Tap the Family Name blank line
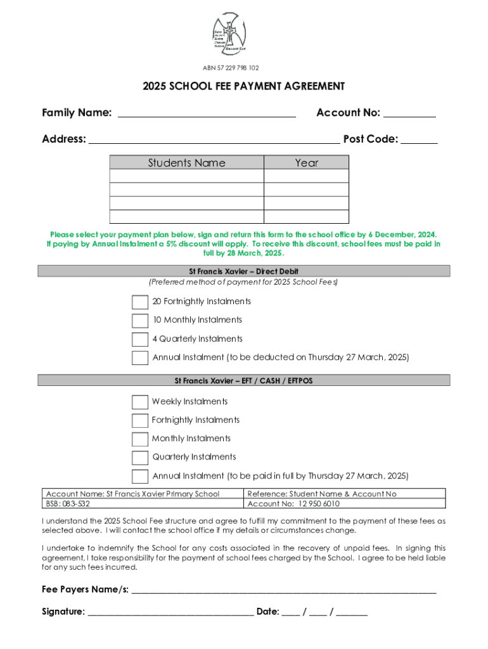pyautogui.click(x=207, y=113)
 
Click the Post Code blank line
pyautogui.click(x=419, y=139)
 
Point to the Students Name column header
pyautogui.click(x=186, y=163)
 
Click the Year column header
pyautogui.click(x=306, y=163)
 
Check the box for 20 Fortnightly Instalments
pyautogui.click(x=140, y=302)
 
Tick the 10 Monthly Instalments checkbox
pyautogui.click(x=140, y=320)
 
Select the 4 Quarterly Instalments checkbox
pyautogui.click(x=140, y=339)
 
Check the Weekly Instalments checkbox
pyautogui.click(x=140, y=402)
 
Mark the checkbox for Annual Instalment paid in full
pyautogui.click(x=140, y=476)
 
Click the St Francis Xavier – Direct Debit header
pyautogui.click(x=244, y=271)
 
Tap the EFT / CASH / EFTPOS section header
pyautogui.click(x=244, y=381)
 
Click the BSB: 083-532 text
pyautogui.click(x=68, y=504)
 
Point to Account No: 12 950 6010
pyautogui.click(x=293, y=504)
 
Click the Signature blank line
pyautogui.click(x=170, y=612)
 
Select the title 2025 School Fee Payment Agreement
pyautogui.click(x=244, y=86)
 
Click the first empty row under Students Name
pyautogui.click(x=186, y=176)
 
